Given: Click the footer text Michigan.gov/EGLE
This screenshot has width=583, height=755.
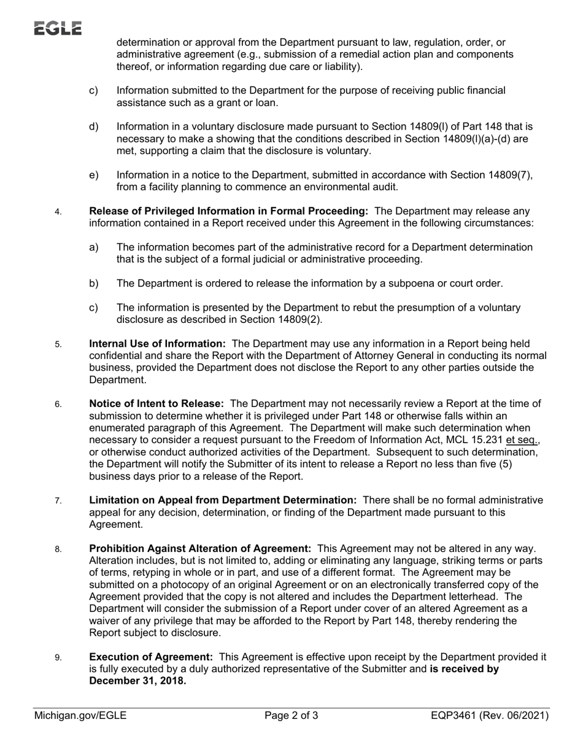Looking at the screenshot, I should [80, 715].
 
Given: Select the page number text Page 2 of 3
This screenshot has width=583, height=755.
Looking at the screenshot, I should [291, 715].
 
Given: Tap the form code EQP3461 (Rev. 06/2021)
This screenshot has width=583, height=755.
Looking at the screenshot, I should [490, 715].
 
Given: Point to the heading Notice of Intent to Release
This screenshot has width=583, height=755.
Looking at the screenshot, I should [156, 404].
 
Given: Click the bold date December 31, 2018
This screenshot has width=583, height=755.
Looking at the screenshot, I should [137, 681].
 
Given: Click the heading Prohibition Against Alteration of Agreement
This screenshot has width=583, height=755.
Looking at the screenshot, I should [200, 549].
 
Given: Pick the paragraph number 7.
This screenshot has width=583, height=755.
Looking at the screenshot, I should [58, 501].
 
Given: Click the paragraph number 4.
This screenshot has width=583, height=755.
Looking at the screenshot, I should [58, 212].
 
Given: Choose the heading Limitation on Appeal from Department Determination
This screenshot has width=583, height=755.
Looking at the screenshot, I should [223, 500].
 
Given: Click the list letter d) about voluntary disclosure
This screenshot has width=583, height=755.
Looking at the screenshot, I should [94, 127].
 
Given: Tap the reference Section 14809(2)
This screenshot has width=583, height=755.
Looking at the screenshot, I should [279, 319].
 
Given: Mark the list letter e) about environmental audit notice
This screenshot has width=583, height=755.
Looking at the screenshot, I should [94, 175].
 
